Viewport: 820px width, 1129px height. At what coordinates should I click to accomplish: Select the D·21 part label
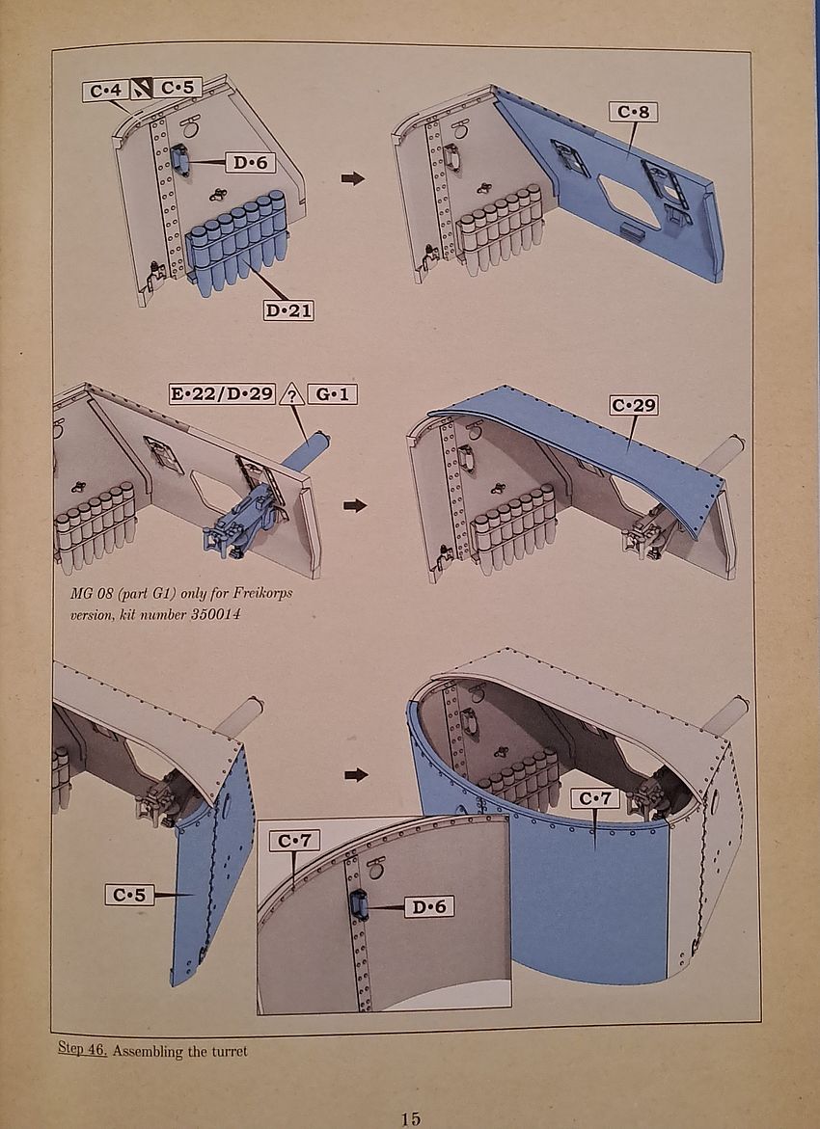click(289, 311)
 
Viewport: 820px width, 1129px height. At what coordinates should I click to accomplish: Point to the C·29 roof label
click(634, 405)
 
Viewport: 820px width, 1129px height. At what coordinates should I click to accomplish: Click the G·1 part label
click(332, 394)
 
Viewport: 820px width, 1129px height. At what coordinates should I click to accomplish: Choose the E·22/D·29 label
click(222, 394)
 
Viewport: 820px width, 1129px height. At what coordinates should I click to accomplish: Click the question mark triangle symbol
click(291, 394)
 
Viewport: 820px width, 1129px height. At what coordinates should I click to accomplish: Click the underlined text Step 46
click(82, 1050)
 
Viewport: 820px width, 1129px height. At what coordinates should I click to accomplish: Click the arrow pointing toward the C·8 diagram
click(353, 177)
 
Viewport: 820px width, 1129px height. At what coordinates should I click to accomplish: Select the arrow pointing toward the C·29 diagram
click(354, 505)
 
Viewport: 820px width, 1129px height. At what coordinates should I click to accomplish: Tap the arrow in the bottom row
click(356, 775)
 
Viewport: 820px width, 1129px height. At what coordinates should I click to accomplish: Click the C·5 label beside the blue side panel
click(129, 895)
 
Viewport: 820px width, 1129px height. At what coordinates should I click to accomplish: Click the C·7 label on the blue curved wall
click(594, 798)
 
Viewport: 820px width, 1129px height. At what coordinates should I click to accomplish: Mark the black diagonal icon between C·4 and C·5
click(141, 90)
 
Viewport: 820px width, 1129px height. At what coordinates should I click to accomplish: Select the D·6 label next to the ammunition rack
click(250, 163)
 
